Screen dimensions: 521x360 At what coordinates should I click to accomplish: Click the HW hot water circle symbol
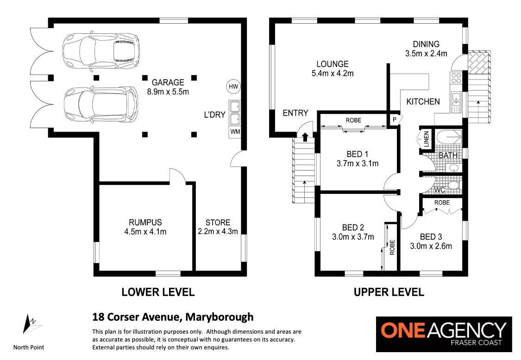click(233, 87)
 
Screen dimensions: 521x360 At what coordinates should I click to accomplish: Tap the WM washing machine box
click(235, 132)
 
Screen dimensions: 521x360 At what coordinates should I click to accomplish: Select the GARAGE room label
click(168, 82)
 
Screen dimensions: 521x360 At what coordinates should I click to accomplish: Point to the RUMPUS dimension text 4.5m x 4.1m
click(145, 232)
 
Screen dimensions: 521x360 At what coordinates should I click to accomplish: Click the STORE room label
click(218, 223)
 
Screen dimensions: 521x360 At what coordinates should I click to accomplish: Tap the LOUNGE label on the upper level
click(332, 64)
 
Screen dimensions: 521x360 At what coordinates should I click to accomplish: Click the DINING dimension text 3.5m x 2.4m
click(426, 54)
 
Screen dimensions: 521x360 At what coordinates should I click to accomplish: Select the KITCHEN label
click(423, 102)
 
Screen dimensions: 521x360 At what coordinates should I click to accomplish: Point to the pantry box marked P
click(395, 119)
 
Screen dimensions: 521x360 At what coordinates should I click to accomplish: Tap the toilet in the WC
click(454, 185)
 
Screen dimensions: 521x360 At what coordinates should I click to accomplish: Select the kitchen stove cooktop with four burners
click(456, 78)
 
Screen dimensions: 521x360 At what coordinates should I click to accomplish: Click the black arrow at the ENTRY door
click(304, 136)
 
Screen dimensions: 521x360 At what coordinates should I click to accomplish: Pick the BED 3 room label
click(431, 237)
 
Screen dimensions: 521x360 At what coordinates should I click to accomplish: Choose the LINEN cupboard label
click(427, 139)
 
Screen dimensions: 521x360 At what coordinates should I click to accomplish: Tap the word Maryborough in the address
click(220, 317)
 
